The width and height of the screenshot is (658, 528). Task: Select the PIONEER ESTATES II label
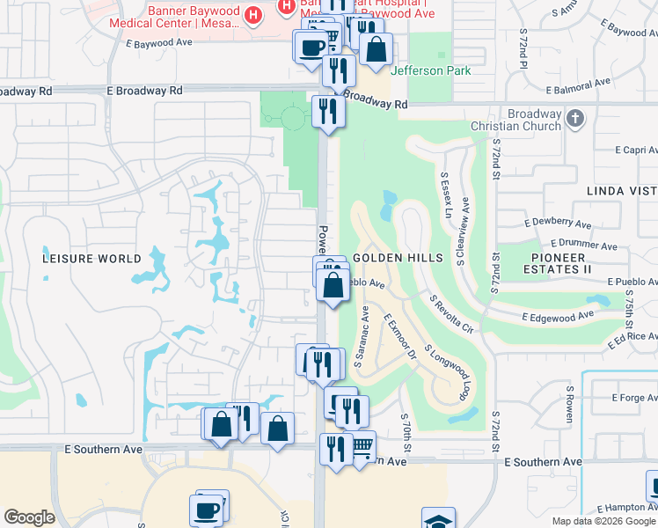click(569, 262)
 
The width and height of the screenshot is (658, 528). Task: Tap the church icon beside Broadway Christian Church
click(575, 117)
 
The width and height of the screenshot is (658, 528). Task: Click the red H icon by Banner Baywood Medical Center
click(253, 15)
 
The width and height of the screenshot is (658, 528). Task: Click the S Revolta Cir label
click(451, 314)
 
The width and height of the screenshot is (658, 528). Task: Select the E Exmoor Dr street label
click(399, 339)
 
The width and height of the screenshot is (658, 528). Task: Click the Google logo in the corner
click(30, 517)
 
